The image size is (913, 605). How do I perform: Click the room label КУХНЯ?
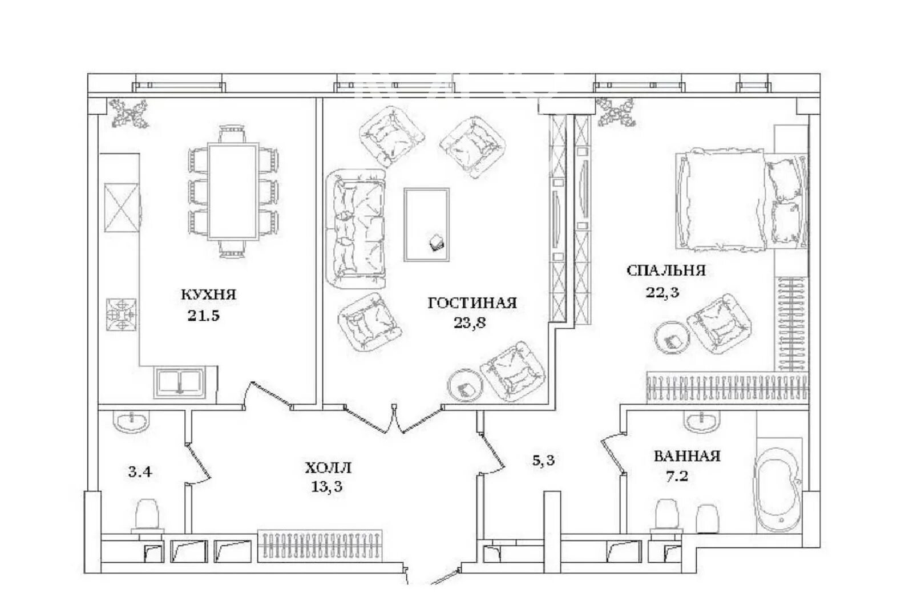click(208, 294)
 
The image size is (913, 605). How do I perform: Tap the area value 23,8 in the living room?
click(470, 323)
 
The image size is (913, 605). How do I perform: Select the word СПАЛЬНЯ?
click(666, 271)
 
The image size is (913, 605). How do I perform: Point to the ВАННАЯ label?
click(687, 456)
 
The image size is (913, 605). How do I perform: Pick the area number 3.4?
click(140, 472)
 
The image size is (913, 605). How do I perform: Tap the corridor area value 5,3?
click(543, 461)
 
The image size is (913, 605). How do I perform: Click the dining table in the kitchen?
click(233, 191)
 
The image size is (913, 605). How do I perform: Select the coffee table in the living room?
click(427, 224)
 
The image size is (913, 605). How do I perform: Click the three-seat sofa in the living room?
click(356, 229)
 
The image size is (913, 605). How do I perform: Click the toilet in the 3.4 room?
click(147, 516)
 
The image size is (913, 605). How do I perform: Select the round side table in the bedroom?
click(672, 337)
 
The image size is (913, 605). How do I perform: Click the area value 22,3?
click(662, 292)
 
